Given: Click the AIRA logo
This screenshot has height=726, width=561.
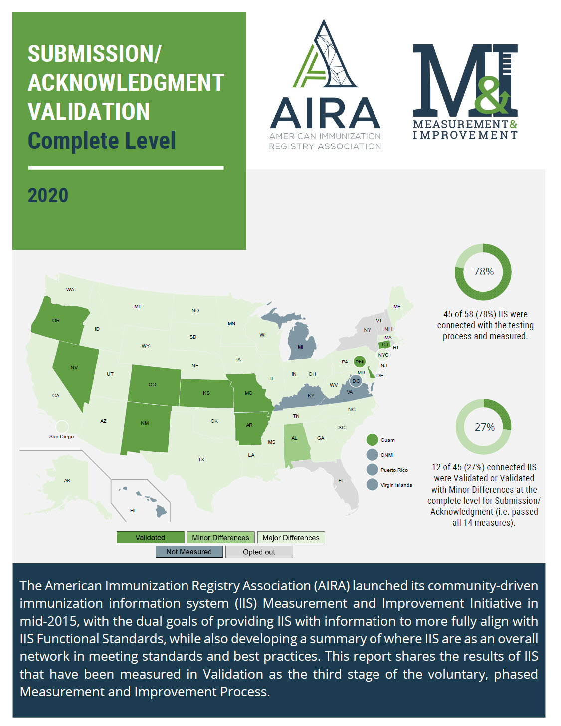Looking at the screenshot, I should (x=325, y=85).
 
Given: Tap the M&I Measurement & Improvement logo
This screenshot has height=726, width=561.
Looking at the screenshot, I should (x=465, y=92).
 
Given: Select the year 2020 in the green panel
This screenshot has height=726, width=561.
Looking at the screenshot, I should (x=48, y=196).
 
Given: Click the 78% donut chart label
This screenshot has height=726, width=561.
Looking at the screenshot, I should (x=484, y=272).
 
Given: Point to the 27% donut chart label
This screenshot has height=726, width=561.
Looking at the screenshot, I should (x=484, y=427).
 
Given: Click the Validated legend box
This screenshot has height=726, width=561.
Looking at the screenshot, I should (x=150, y=537).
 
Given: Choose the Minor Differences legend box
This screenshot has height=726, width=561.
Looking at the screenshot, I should (x=220, y=537).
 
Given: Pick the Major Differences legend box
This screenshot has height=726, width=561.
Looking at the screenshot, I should (x=291, y=537).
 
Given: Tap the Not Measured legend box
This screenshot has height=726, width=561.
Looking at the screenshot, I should (x=189, y=552).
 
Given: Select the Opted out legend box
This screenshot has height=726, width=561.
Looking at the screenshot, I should (x=259, y=552).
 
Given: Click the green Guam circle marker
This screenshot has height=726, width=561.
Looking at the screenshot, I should (x=372, y=440).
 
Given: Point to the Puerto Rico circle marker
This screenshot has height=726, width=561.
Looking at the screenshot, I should (x=372, y=470).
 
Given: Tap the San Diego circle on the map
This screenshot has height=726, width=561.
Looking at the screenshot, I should (x=62, y=427).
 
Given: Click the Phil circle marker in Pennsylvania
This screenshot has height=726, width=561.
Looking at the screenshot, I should (x=360, y=362).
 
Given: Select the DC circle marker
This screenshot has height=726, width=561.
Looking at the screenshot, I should (x=356, y=381).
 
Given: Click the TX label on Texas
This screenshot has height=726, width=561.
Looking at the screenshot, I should (x=201, y=459).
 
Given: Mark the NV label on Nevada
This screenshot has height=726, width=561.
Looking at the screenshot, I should (x=74, y=367).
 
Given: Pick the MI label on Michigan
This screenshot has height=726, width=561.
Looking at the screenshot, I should (x=300, y=347).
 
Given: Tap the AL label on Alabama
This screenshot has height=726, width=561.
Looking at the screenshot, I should (x=294, y=438).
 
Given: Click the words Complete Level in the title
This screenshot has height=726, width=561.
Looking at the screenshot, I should (x=102, y=141).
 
